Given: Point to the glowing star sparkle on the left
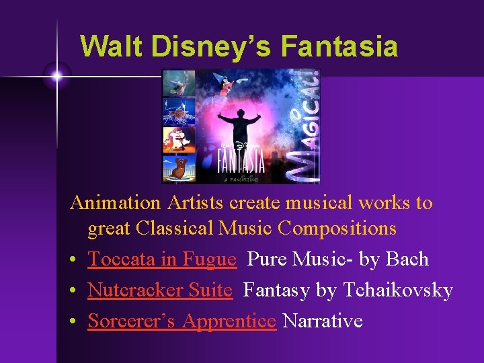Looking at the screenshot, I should [57, 77].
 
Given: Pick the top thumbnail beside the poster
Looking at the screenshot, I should [179, 83].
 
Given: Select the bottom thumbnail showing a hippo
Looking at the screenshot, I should [179, 169].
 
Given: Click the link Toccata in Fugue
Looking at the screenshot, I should [161, 259].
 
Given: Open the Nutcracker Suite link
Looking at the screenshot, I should [159, 290].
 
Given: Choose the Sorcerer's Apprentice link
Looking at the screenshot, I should [182, 321].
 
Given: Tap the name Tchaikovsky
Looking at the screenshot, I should [398, 290].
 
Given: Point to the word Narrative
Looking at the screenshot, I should [323, 321].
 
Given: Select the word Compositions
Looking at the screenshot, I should [337, 229].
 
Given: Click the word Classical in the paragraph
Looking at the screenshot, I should [171, 229].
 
